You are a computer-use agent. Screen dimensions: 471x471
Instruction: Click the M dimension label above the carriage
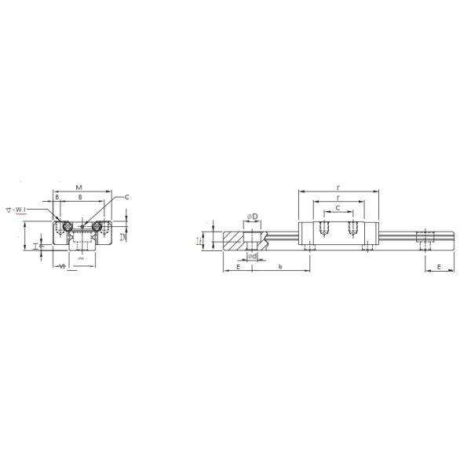pos(79,188)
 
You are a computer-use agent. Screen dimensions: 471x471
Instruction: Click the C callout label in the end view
pos(126,198)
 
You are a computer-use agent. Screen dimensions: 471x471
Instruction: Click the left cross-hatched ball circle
pos(67,225)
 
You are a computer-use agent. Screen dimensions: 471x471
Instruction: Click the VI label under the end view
pos(60,266)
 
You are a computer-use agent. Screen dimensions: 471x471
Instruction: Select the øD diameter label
pos(253,216)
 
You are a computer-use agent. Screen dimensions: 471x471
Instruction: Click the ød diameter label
pos(252,256)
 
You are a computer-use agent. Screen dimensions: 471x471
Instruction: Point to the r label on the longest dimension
pos(338,188)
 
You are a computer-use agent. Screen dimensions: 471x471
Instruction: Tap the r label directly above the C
pos(338,198)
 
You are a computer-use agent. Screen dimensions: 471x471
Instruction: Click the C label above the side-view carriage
pos(338,208)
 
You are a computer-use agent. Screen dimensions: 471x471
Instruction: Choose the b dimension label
pos(281,267)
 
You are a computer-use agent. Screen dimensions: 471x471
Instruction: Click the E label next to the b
pos(237,267)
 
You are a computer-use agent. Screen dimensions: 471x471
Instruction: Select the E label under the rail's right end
pos(439,267)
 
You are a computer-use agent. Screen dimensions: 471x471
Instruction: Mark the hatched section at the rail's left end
pos(235,239)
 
